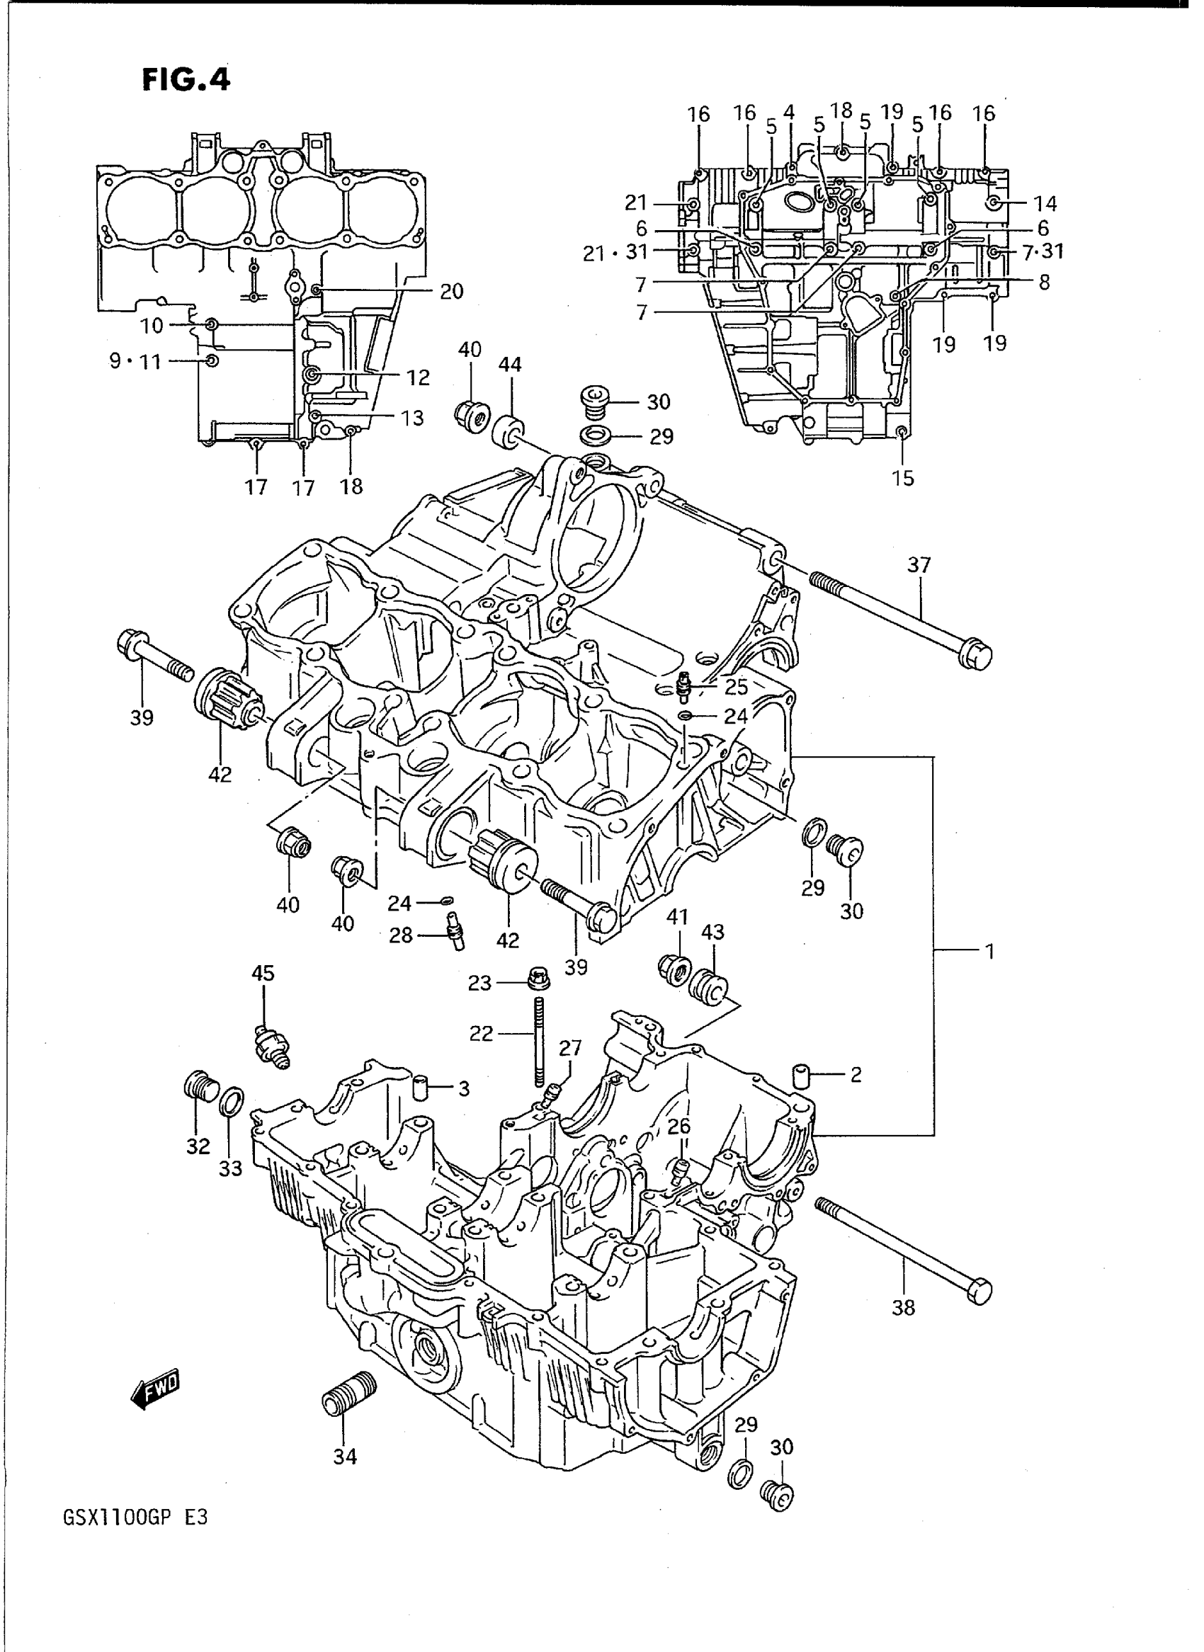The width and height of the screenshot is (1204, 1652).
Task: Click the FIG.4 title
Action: (186, 79)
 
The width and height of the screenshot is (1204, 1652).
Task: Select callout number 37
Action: (919, 565)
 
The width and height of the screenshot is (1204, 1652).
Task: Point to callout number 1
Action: (989, 951)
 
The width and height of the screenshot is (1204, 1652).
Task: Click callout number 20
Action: (451, 292)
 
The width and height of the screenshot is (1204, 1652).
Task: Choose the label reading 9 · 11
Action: (135, 361)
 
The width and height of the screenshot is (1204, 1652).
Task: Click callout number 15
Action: (903, 479)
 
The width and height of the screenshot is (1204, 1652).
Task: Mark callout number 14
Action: (1045, 204)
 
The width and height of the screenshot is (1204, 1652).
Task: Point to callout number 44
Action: (509, 365)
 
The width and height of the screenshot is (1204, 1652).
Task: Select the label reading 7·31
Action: (1043, 251)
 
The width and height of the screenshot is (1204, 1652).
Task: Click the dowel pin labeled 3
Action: (420, 1088)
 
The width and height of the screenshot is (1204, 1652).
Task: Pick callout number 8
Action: (1044, 283)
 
